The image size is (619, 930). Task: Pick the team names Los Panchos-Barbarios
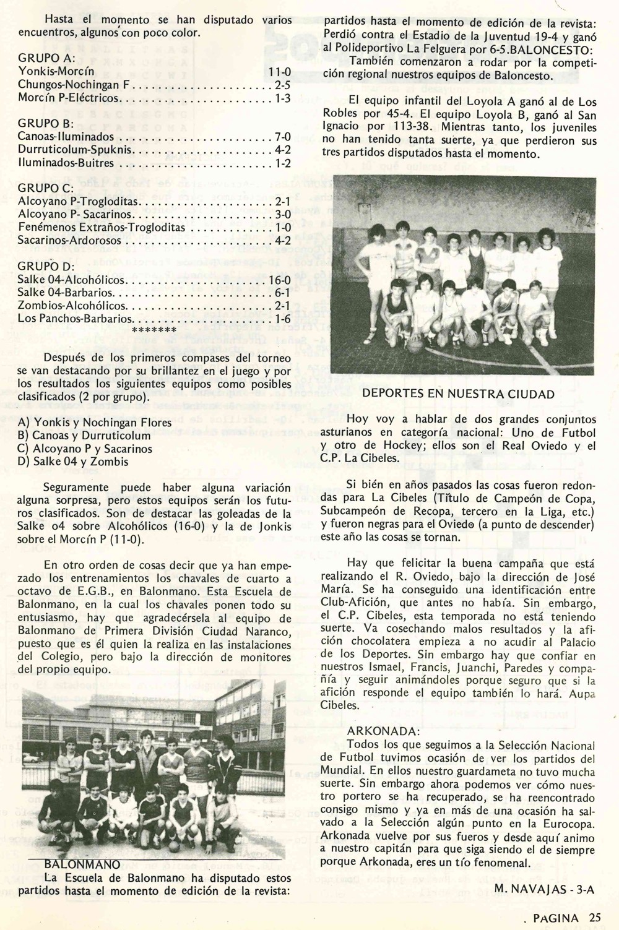click(x=76, y=319)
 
